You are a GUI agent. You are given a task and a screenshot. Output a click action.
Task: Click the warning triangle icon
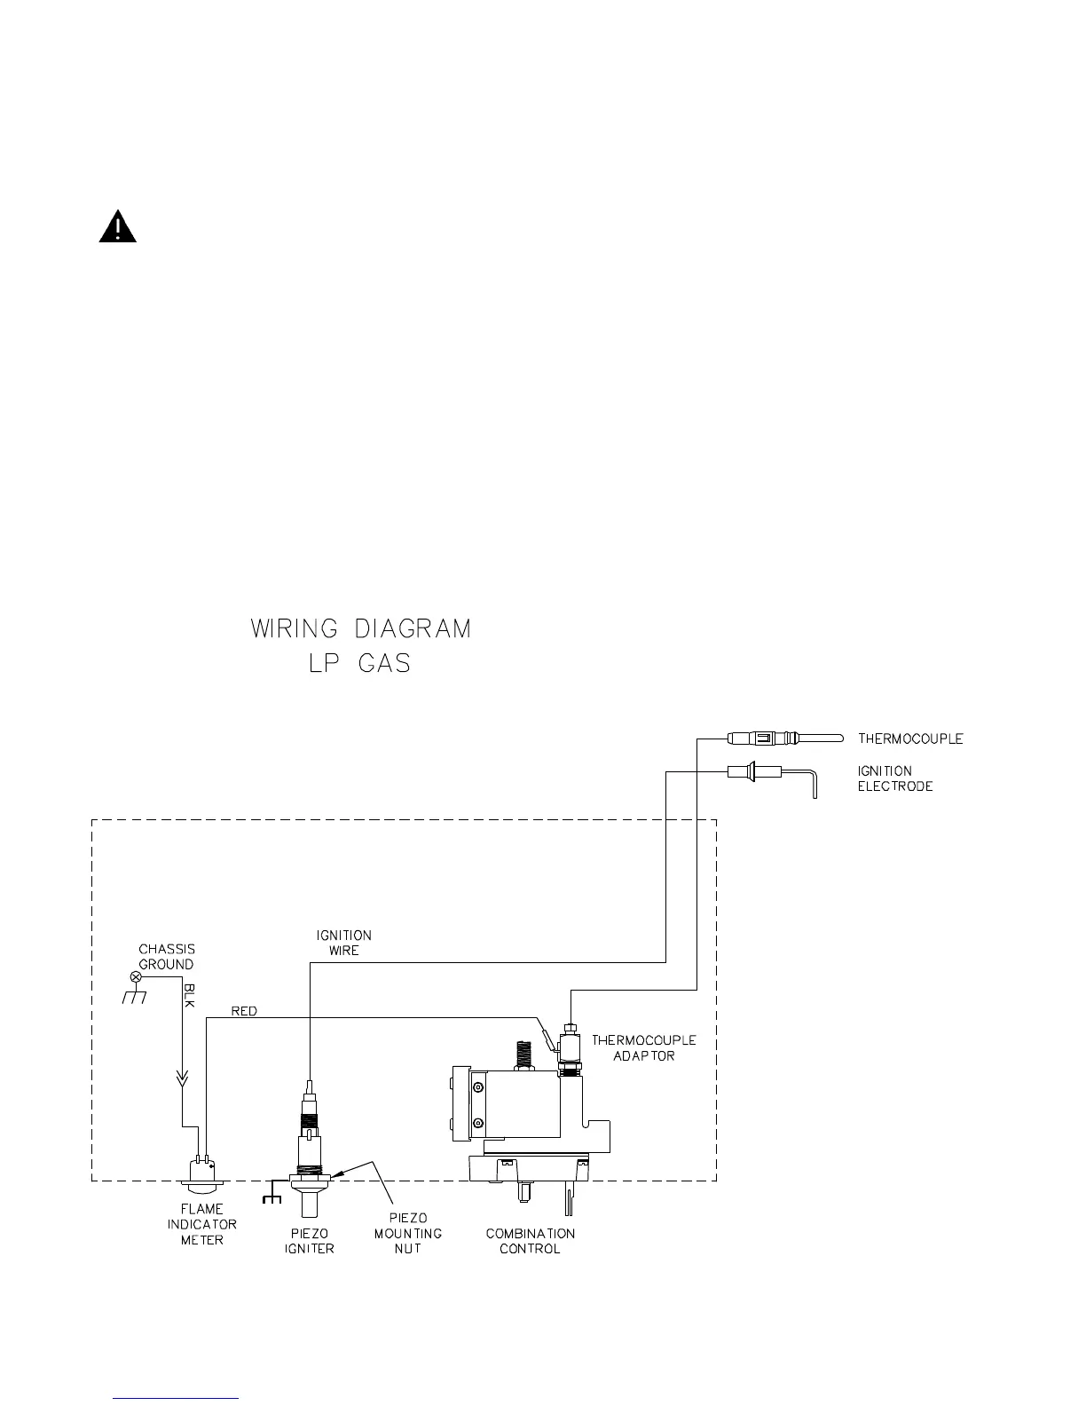pos(117,227)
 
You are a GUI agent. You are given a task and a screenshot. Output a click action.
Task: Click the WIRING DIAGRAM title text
pos(360,628)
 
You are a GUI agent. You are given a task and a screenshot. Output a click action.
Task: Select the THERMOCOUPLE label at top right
pos(909,739)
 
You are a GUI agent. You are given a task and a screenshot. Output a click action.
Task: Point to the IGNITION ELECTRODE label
pos(894,778)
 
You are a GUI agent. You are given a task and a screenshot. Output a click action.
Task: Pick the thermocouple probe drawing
pos(781,739)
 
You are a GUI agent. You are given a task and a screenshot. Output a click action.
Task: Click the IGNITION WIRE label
pos(344,943)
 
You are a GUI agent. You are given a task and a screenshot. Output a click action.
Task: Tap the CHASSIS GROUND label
pos(167,957)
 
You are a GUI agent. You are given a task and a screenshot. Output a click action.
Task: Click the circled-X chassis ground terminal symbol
pos(136,976)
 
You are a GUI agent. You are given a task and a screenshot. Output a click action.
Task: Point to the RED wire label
pos(244,1011)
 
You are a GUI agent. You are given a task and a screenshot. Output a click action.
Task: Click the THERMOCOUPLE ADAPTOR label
pos(644,1047)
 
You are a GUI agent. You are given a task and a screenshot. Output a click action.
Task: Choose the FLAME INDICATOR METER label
pos(202,1224)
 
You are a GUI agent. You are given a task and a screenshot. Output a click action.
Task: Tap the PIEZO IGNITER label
pos(310,1241)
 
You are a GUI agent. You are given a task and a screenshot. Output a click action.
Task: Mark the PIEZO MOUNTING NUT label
pos(408,1233)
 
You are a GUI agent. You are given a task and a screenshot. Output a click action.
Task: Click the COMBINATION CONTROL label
pos(531,1241)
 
